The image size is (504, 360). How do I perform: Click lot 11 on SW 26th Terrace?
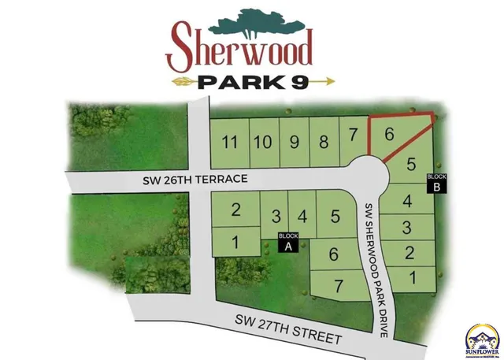229,143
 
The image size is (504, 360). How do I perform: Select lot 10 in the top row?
263,143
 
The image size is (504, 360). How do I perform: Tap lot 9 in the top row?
294,143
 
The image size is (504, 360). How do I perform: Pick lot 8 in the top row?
323,143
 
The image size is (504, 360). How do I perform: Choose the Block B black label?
435,183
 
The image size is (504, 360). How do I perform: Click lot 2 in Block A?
235,210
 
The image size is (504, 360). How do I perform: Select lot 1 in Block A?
235,243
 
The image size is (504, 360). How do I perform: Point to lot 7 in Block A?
339,284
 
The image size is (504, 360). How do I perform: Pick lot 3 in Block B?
407,228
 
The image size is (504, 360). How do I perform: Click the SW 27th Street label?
288,330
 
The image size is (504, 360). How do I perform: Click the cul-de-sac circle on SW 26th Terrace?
367,174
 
